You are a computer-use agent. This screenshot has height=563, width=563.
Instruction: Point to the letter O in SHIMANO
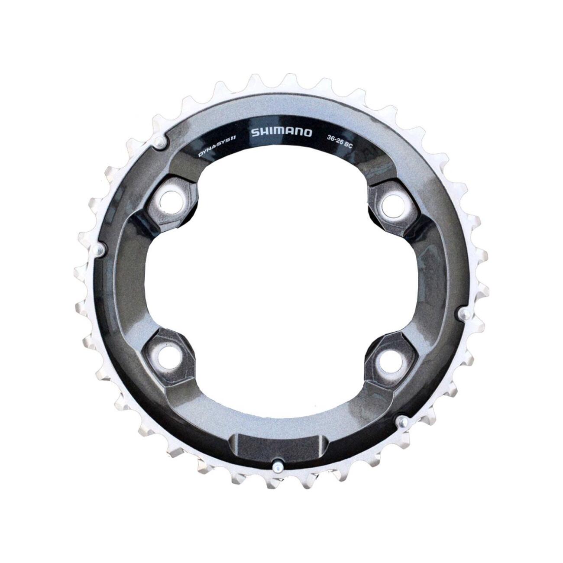307,133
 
